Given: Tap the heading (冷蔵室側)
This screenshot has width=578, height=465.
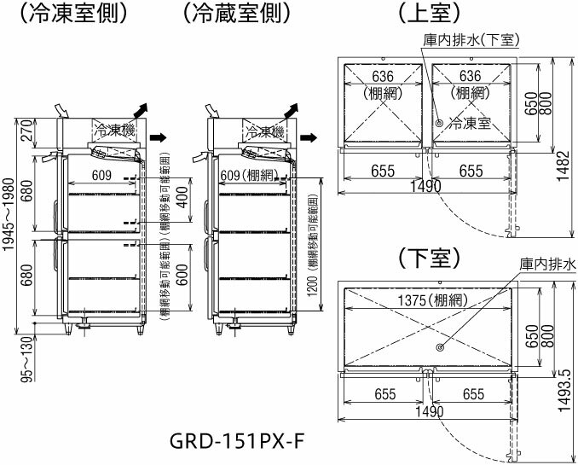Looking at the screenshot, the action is (237, 14).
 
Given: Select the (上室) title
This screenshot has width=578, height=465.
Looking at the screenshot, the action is (430, 14).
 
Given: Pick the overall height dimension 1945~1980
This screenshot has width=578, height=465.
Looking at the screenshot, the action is (8, 214).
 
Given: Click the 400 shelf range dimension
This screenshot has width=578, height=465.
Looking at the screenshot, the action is (183, 200).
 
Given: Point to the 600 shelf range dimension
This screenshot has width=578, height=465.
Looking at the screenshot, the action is (183, 275).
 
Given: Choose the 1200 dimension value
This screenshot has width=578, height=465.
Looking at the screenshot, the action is (313, 284).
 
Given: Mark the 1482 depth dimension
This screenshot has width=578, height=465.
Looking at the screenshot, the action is (564, 166).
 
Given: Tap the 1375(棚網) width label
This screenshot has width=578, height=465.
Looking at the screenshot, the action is (433, 300).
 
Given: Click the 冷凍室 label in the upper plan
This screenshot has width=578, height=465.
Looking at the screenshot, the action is (470, 124).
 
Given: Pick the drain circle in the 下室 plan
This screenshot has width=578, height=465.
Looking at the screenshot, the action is (440, 347).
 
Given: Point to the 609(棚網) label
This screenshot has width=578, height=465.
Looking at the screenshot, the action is (249, 176).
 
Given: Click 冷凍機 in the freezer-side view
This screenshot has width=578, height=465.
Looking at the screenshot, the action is (114, 130).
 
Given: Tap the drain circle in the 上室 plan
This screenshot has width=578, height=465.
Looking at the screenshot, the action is (439, 123).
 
